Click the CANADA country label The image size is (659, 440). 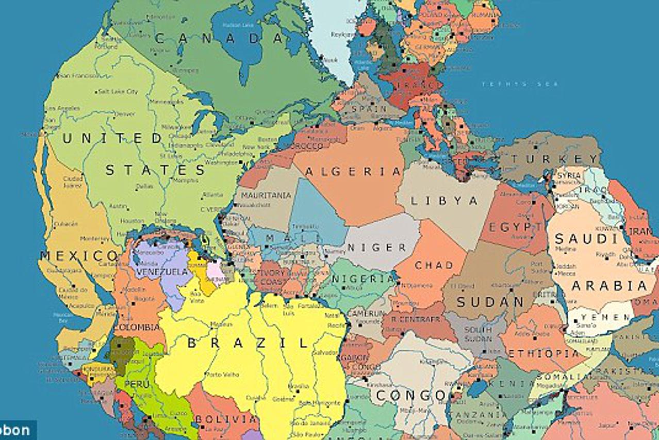tap(219, 38)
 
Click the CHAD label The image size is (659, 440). tap(434, 265)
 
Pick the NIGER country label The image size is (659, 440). tap(377, 248)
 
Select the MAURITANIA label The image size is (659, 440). tap(267, 195)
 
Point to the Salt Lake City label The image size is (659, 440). tap(118, 91)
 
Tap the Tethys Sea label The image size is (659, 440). tap(520, 84)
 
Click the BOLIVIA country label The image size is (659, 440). tap(226, 419)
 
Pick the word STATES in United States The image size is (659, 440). tap(156, 170)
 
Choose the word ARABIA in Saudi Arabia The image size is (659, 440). tap(609, 286)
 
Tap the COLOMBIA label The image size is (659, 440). tap(137, 328)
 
